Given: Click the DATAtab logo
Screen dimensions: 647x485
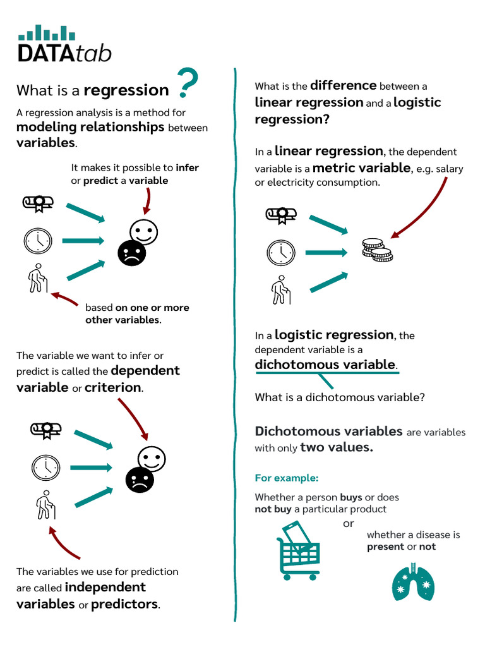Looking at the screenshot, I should (x=64, y=44).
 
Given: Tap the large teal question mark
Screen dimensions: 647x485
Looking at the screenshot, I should (x=188, y=83).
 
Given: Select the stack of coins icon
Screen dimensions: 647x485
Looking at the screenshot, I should (x=377, y=250).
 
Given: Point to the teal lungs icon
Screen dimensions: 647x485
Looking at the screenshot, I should (x=413, y=580).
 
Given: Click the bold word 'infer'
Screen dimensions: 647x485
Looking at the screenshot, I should (x=187, y=167).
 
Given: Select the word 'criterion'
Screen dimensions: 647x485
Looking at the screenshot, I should (x=114, y=387).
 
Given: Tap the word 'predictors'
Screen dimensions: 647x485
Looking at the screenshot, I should (x=125, y=604).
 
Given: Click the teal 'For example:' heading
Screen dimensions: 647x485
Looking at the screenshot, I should (x=286, y=478).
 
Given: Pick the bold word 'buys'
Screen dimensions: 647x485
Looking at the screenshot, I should (x=350, y=497).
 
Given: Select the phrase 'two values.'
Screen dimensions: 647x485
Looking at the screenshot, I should (x=337, y=448).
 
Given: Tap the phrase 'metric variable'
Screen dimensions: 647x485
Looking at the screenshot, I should (x=361, y=168).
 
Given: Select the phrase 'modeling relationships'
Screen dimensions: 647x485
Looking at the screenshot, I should (x=90, y=127).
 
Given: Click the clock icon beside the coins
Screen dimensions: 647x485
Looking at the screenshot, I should (x=281, y=253).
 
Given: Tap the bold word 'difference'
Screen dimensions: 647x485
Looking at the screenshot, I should (x=343, y=85).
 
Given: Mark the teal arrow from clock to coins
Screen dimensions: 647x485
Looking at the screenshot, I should (x=325, y=253).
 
